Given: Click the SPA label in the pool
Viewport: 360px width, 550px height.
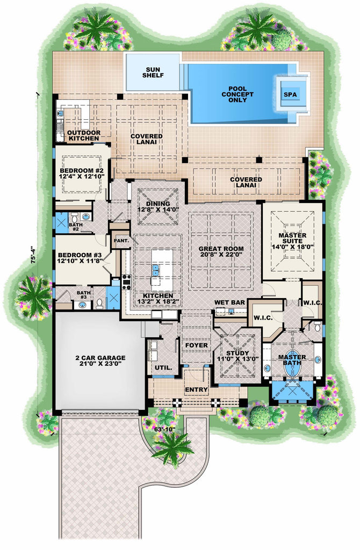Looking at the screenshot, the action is pyautogui.click(x=290, y=95).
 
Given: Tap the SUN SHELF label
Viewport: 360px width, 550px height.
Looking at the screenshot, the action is pyautogui.click(x=153, y=73).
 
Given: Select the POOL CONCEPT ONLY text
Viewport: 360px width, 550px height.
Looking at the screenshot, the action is pyautogui.click(x=237, y=95).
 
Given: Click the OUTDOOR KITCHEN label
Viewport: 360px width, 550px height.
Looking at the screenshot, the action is pyautogui.click(x=83, y=135).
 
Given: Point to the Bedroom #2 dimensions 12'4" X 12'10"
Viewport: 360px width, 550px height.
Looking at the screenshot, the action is pyautogui.click(x=82, y=176).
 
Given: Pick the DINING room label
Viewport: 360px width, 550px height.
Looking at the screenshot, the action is pyautogui.click(x=159, y=204).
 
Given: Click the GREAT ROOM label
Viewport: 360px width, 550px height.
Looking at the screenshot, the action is pyautogui.click(x=221, y=249).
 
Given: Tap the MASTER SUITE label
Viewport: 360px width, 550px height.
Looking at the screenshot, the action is pyautogui.click(x=293, y=238).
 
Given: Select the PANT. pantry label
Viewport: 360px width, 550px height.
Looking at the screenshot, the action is pyautogui.click(x=121, y=241).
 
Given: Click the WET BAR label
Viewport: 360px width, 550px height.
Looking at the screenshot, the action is pyautogui.click(x=230, y=302).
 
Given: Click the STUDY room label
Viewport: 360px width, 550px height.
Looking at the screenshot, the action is pyautogui.click(x=237, y=353).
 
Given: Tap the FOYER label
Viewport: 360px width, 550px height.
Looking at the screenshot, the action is pyautogui.click(x=197, y=345).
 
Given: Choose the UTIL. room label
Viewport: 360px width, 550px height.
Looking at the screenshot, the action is pyautogui.click(x=164, y=368).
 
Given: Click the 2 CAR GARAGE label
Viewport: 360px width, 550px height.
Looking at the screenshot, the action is pyautogui.click(x=100, y=358).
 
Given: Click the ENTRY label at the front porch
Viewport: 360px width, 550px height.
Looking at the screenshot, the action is pyautogui.click(x=197, y=390).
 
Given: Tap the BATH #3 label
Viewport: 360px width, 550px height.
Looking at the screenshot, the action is pyautogui.click(x=84, y=295).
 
